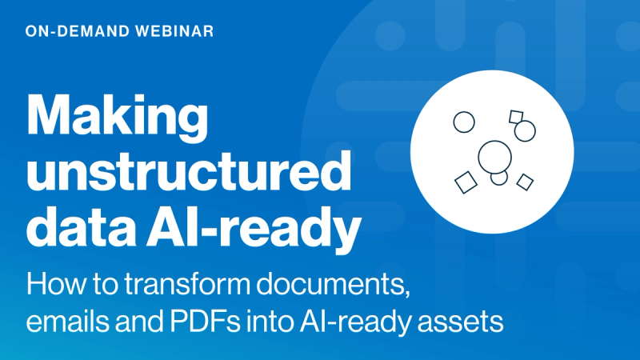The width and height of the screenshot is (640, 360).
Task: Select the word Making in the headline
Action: (117, 117)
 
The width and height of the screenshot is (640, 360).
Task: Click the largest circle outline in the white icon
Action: (494, 155)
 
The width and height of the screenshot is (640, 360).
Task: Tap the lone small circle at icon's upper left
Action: (464, 122)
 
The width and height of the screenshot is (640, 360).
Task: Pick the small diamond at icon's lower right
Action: (525, 182)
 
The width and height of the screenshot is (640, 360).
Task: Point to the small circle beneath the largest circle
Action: (499, 177)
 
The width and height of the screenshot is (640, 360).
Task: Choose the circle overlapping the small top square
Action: (525, 130)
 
